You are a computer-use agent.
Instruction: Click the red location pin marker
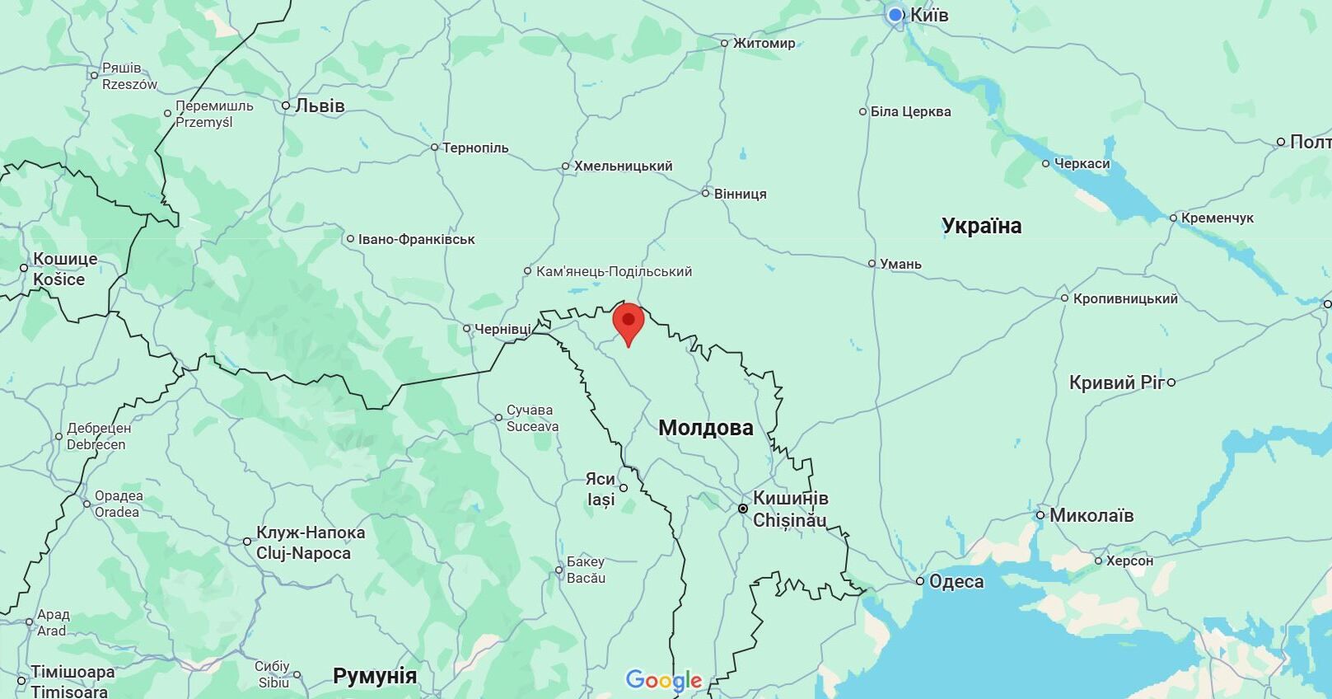click(628, 322)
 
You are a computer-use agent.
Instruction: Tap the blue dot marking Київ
click(895, 15)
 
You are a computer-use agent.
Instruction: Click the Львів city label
click(320, 106)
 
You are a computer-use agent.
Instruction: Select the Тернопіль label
click(475, 148)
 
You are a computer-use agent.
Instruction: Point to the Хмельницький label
click(623, 167)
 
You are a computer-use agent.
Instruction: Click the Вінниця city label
click(740, 194)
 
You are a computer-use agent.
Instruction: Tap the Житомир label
click(764, 43)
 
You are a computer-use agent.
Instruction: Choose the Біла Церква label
click(910, 111)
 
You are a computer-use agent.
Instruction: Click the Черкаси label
click(1082, 164)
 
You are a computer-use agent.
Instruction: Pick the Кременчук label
click(1217, 218)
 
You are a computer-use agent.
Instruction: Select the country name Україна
click(981, 226)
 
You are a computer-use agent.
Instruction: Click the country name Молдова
click(705, 428)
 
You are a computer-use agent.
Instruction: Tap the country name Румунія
click(375, 676)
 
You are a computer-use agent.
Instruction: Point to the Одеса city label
click(956, 581)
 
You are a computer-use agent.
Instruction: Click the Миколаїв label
click(1091, 516)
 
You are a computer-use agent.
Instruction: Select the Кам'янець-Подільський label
click(614, 271)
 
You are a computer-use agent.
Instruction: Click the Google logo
click(663, 681)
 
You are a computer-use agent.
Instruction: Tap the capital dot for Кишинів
click(743, 509)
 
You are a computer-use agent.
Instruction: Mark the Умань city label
click(900, 264)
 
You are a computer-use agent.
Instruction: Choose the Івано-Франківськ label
click(416, 240)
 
